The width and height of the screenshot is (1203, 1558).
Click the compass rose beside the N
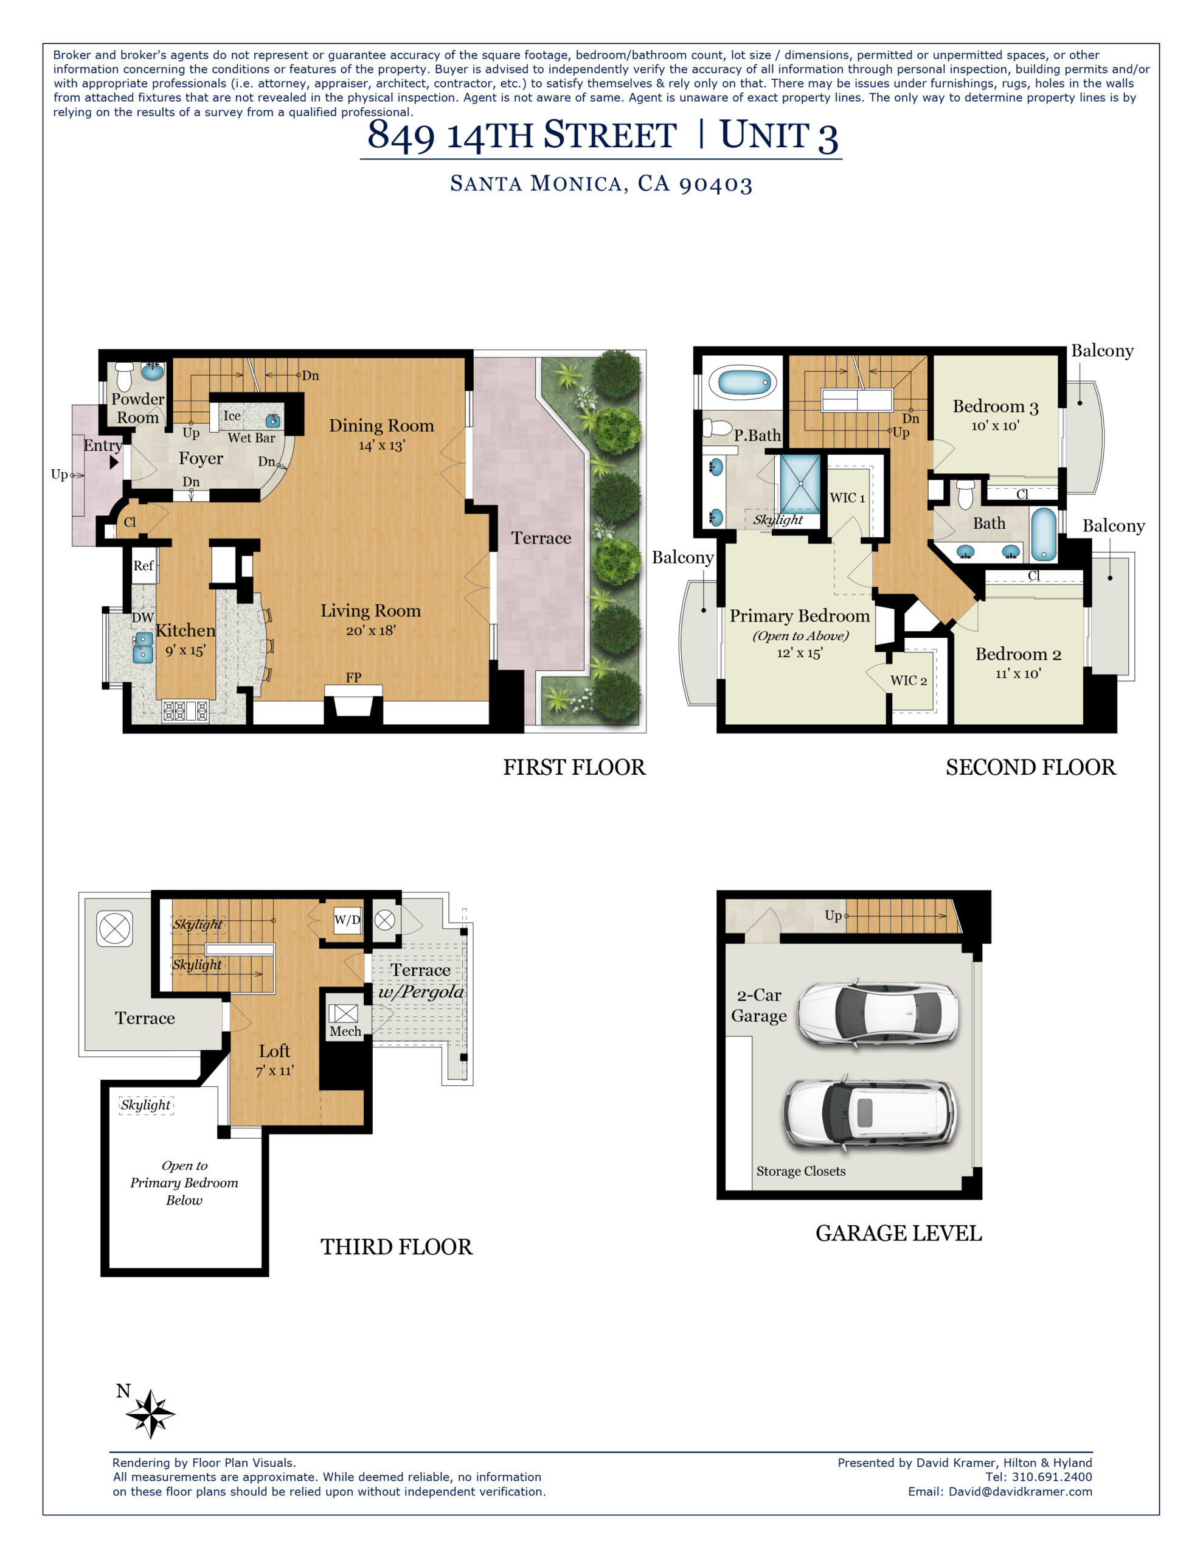click(150, 1413)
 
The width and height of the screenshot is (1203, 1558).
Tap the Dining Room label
click(381, 426)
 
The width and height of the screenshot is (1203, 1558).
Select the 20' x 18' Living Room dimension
click(370, 631)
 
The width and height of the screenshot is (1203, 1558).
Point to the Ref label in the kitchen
click(144, 566)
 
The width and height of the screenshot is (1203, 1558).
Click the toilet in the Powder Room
click(124, 376)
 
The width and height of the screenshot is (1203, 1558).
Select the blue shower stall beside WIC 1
click(800, 484)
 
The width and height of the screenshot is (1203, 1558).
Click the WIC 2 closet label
click(908, 680)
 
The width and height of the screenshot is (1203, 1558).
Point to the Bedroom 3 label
click(995, 407)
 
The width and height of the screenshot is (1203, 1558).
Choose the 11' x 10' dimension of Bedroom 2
click(1018, 674)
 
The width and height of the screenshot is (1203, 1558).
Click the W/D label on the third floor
click(347, 920)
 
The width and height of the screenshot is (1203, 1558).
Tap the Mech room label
click(344, 1032)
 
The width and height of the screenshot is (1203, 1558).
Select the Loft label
click(274, 1051)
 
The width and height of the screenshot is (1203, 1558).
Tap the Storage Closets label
click(800, 1172)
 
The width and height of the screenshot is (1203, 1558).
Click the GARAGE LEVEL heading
click(898, 1234)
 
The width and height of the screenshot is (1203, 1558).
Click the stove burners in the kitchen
click(185, 710)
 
